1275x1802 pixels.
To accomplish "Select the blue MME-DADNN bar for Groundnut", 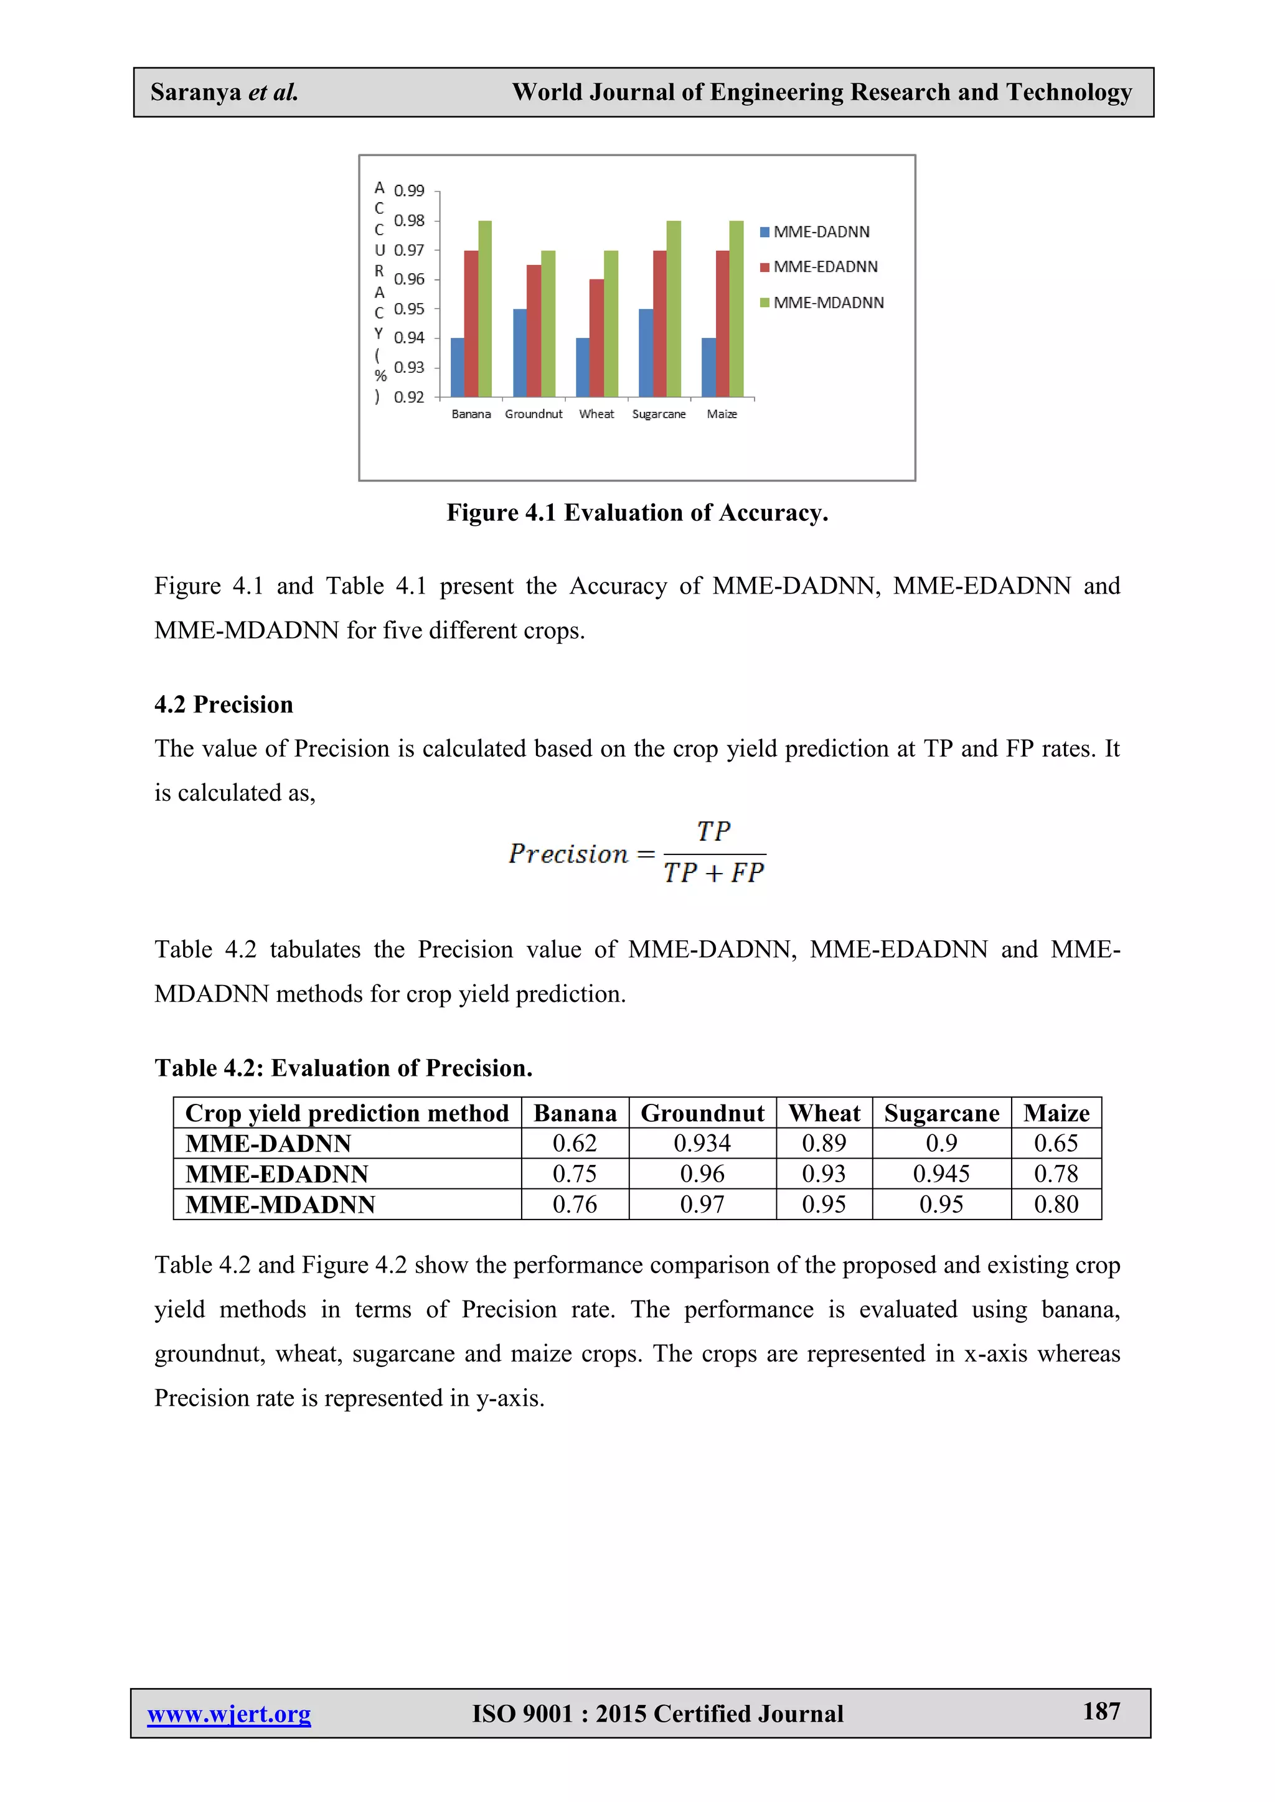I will tap(520, 353).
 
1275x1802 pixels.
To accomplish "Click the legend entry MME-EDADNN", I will tap(825, 267).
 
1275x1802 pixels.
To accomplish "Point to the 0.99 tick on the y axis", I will tap(409, 191).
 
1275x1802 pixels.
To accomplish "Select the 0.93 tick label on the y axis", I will tap(409, 367).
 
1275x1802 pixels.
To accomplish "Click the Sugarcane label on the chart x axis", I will tap(659, 414).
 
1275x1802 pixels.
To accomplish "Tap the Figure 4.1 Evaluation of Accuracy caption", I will tap(637, 513).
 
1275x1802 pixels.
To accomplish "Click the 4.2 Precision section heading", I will tap(223, 704).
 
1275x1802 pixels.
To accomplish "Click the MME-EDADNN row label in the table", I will tap(276, 1174).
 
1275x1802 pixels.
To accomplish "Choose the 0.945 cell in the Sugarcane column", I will tap(941, 1174).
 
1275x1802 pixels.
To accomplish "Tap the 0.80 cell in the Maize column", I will tap(1055, 1204).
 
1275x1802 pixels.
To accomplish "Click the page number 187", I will tap(1101, 1711).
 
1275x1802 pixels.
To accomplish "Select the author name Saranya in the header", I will tap(195, 93).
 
